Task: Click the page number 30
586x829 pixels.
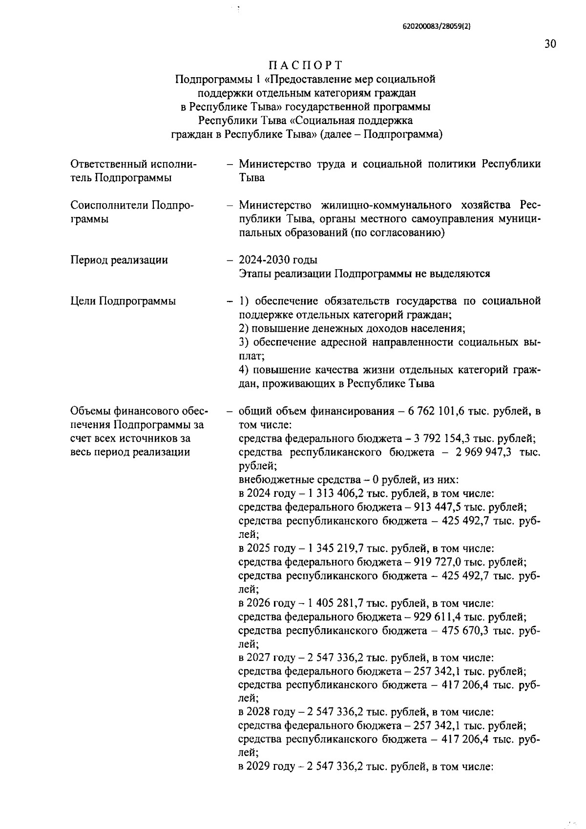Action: [549, 44]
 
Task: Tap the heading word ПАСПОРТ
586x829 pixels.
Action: [305, 65]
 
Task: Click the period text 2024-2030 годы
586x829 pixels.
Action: [278, 260]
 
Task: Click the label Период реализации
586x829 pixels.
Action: [119, 260]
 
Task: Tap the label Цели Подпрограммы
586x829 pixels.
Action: [123, 301]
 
